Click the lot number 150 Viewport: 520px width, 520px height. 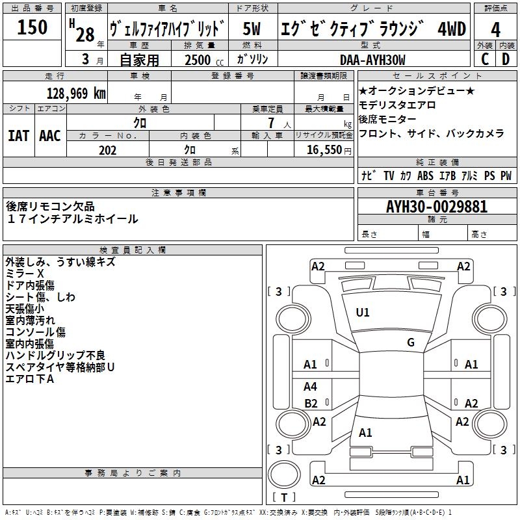32,27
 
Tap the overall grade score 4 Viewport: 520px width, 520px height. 495,29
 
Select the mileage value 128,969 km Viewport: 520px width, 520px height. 75,93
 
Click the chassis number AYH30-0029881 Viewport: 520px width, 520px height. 436,207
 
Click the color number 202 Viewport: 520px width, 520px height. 107,150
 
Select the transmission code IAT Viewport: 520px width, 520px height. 18,135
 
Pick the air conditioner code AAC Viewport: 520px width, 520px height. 50,135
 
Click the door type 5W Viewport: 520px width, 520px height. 252,29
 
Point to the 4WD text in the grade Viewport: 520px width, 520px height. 451,29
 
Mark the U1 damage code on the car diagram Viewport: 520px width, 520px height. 363,313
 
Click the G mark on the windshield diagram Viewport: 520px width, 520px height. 411,343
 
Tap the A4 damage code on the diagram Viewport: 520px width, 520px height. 311,387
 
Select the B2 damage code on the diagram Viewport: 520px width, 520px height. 311,403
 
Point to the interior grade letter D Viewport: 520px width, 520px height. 506,59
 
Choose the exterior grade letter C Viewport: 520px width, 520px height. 484,59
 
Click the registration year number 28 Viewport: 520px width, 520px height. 84,34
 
